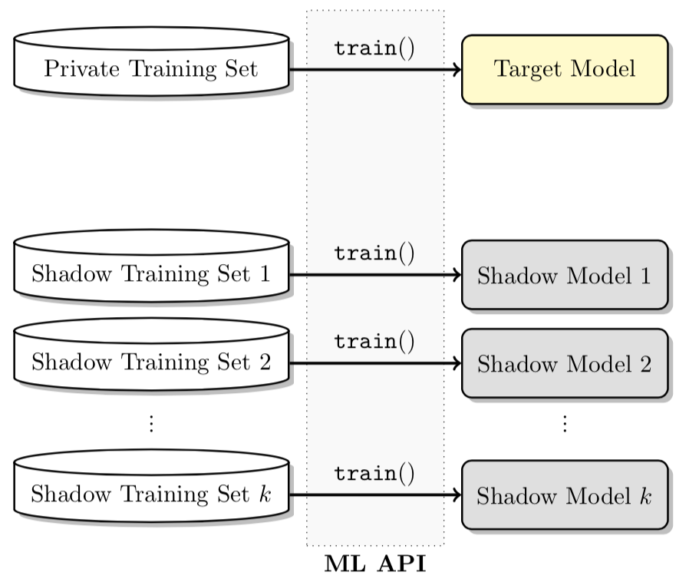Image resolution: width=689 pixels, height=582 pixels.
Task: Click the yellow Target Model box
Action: tap(565, 69)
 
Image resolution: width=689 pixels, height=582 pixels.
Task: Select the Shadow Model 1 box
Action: tap(565, 275)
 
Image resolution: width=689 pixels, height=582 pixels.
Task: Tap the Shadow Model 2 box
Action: tap(565, 363)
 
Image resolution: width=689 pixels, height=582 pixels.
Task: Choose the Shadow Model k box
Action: tap(565, 495)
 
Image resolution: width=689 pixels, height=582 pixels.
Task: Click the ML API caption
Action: tap(375, 564)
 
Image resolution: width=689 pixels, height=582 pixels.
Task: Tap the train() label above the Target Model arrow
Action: tap(374, 48)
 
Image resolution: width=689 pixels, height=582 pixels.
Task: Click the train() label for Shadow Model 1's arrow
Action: tap(374, 253)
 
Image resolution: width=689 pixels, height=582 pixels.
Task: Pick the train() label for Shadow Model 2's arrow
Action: tap(374, 342)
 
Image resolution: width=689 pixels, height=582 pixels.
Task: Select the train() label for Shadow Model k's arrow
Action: tap(374, 474)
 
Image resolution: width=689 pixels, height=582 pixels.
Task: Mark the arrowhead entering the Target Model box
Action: tap(456, 69)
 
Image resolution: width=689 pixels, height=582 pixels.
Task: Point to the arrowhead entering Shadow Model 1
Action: tap(456, 275)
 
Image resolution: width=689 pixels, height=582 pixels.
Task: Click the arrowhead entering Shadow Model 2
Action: tap(456, 363)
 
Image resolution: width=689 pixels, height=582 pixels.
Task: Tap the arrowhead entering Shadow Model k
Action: tap(456, 495)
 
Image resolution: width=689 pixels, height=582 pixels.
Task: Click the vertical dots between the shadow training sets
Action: tap(151, 423)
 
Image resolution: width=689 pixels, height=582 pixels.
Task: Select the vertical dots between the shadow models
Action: tap(565, 423)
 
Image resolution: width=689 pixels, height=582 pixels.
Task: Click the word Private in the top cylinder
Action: tap(75, 69)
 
